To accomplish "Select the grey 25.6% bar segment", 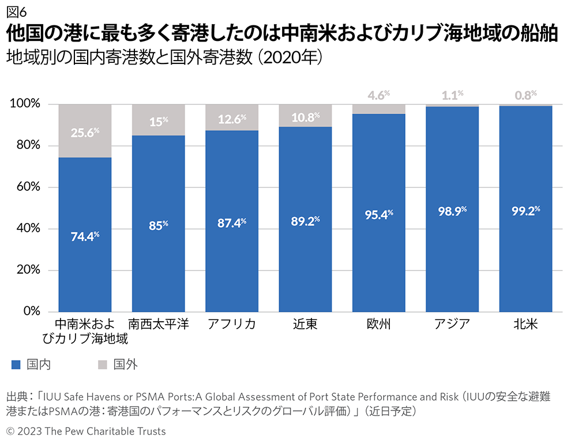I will (x=85, y=131).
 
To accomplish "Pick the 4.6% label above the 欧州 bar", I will (x=379, y=95).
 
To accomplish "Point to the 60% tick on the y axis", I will (x=27, y=187).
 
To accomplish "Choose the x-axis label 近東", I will (x=305, y=325).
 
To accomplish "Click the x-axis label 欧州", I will (x=379, y=325).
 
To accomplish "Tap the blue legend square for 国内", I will (x=16, y=364).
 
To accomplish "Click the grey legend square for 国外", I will (x=103, y=364).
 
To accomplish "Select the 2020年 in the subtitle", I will (x=292, y=59).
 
